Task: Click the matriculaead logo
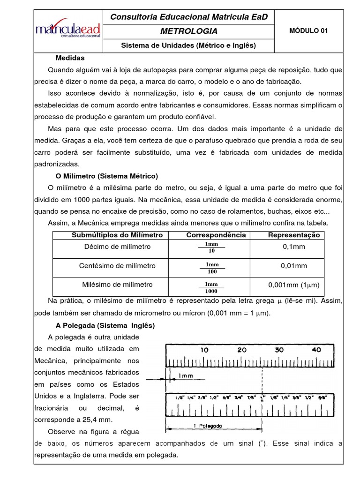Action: coord(68,30)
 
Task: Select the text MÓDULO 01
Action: coord(308,31)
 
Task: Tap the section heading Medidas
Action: coord(70,58)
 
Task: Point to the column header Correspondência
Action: coord(216,235)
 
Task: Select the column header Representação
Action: coord(294,235)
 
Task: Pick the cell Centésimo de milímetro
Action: coord(117,266)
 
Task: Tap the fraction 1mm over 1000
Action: coord(211,287)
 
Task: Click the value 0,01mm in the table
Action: coord(294,266)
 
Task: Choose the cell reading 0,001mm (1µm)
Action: coord(293,285)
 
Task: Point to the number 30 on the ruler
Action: coord(279,350)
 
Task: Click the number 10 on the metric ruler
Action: coord(204,350)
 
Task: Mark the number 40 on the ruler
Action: coord(316,350)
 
